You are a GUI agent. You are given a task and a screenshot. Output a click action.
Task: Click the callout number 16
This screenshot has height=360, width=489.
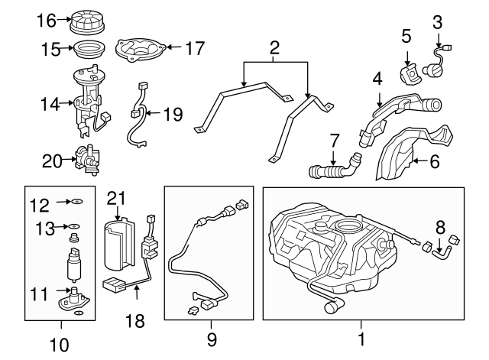pos(47,21)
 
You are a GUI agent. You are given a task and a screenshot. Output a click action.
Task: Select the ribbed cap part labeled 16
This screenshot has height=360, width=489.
pos(86,22)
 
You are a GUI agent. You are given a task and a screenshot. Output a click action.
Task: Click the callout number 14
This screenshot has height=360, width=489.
pos(50,104)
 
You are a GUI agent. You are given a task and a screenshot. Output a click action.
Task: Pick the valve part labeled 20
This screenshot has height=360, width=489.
pos(87,159)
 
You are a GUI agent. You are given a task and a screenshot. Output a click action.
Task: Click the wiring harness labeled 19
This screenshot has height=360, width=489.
pos(138,114)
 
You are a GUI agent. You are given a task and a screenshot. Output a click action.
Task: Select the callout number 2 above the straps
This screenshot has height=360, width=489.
pos(274,48)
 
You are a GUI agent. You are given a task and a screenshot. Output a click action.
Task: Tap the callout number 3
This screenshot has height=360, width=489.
pos(438,23)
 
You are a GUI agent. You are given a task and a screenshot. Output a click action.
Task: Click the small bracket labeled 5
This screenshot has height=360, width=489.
pos(410,76)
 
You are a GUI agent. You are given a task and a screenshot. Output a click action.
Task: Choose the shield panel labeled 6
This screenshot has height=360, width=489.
pos(413,153)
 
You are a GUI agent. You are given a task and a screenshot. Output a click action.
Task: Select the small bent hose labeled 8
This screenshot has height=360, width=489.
pos(441,252)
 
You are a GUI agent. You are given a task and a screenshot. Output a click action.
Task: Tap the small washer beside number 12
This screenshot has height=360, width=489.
pos(77,202)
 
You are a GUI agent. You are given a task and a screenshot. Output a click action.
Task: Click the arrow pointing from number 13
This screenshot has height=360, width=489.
pos(62,226)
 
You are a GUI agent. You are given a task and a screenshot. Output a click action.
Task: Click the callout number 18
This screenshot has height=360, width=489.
pos(134,320)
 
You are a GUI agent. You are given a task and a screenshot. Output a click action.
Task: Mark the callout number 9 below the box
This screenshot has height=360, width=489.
pos(212,339)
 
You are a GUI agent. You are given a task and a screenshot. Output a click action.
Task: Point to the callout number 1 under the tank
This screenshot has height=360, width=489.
pos(361,339)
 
